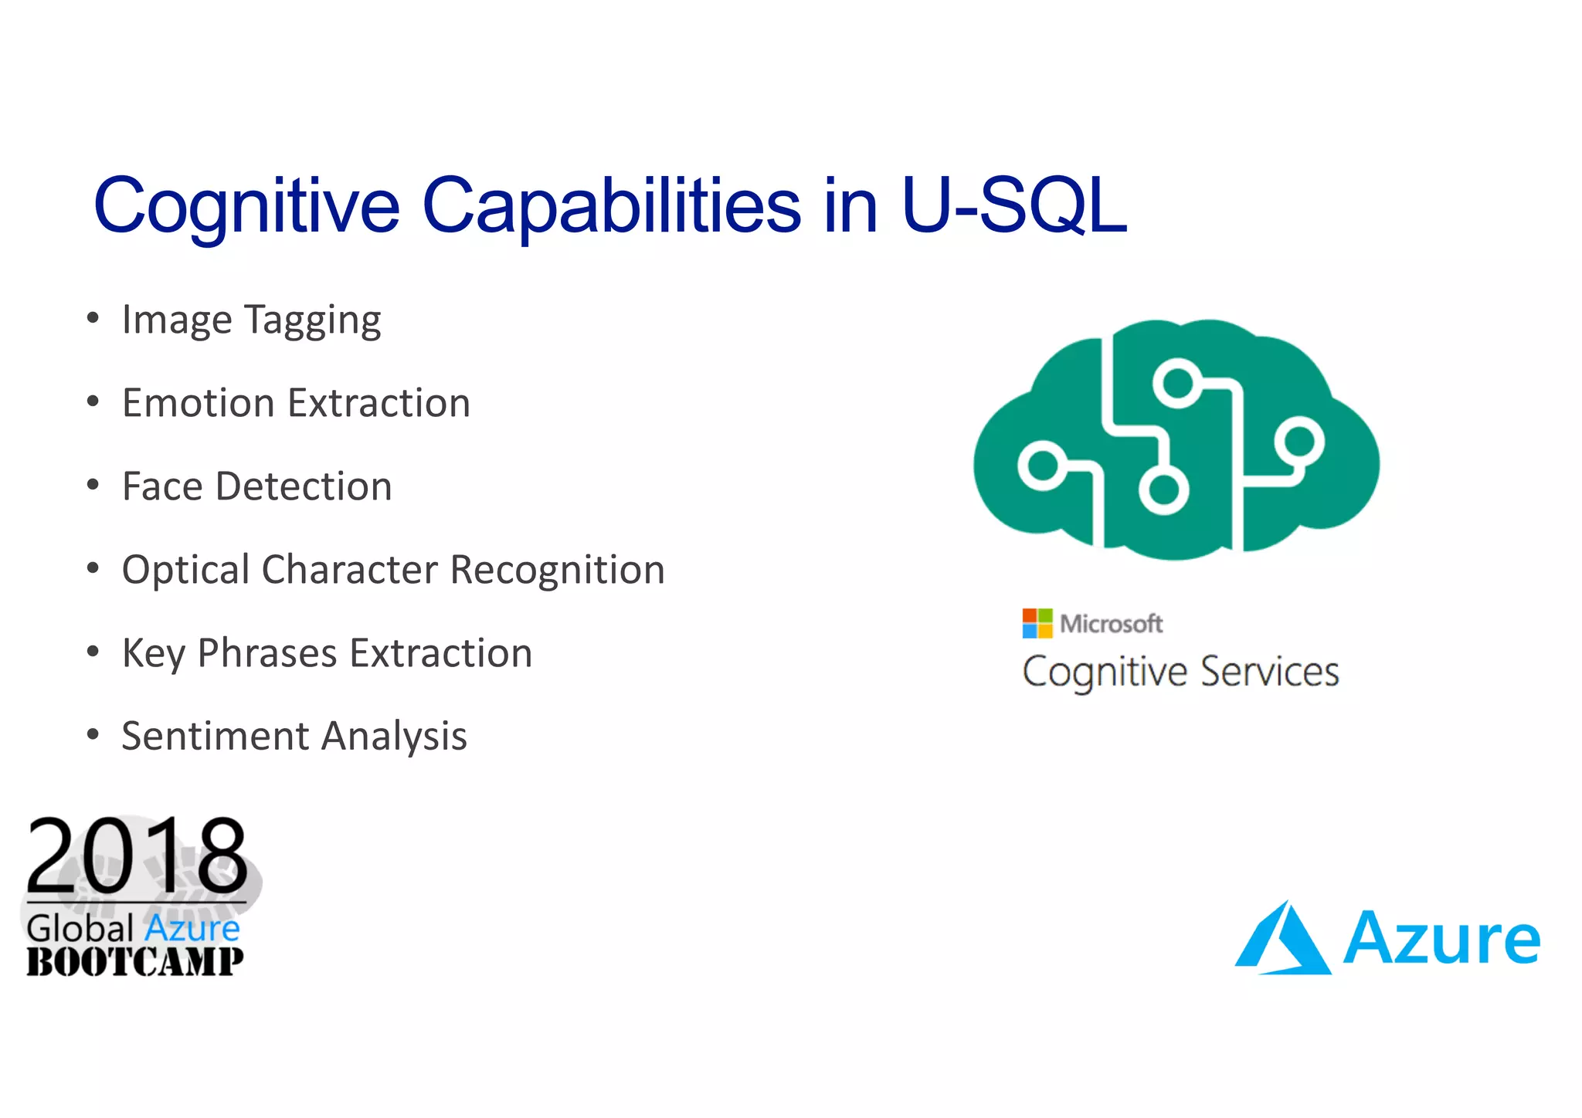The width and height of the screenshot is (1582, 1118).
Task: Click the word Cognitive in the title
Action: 246,205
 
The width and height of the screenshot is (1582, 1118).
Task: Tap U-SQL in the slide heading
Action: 1013,205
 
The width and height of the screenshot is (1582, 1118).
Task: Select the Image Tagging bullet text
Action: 251,320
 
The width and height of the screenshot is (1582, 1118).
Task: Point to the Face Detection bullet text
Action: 256,486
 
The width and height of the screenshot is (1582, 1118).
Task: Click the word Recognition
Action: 557,570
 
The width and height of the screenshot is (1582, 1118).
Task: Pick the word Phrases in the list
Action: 266,653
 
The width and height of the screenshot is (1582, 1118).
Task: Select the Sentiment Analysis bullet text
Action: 294,736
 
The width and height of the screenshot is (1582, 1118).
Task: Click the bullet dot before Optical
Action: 93,569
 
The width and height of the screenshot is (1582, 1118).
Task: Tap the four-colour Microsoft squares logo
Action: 1037,623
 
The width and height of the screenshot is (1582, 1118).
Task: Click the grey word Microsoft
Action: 1111,623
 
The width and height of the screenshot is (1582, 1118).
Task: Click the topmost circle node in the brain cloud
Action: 1177,382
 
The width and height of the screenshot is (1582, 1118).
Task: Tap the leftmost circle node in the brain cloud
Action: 1042,466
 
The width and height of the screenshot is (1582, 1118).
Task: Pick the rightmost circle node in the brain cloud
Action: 1300,441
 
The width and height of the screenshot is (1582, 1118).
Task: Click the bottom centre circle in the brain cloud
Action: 1163,490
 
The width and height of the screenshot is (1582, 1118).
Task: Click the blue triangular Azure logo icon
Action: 1282,939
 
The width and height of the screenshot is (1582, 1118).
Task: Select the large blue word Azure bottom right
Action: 1441,939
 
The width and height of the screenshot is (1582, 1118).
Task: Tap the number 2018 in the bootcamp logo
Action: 137,855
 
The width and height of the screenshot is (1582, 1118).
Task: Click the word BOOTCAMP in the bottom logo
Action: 134,962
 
